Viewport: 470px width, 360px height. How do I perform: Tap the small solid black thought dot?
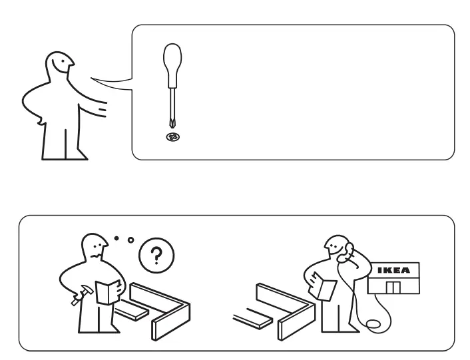click(117, 237)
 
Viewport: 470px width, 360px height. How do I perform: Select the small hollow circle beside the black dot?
click(130, 240)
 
